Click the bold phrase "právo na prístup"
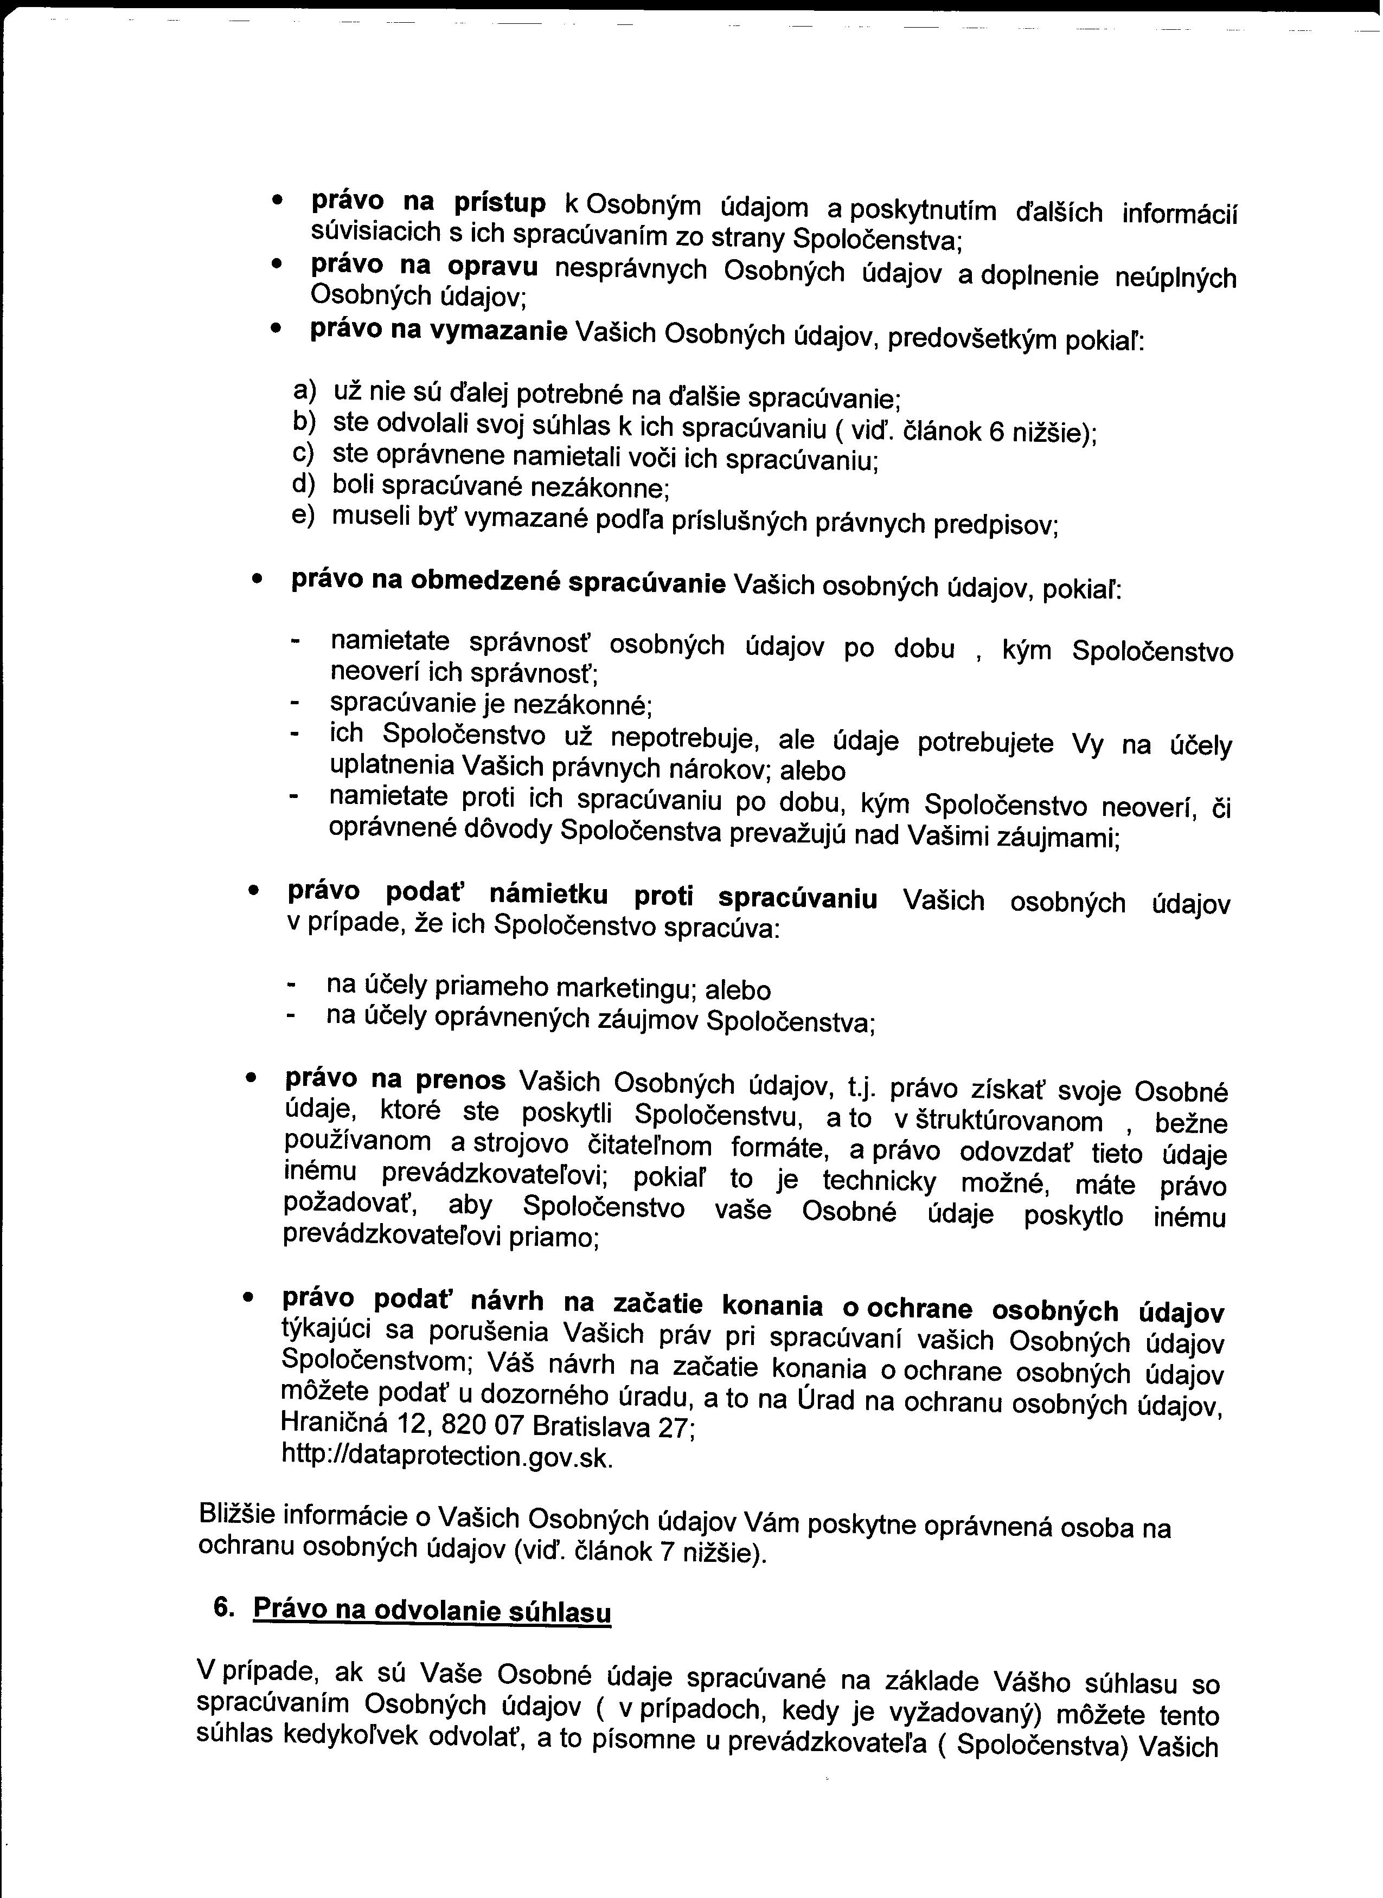[428, 203]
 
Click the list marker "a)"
[304, 390]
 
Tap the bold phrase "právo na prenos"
[395, 1080]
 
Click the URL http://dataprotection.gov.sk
[448, 1457]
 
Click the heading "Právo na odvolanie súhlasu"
[432, 1611]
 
